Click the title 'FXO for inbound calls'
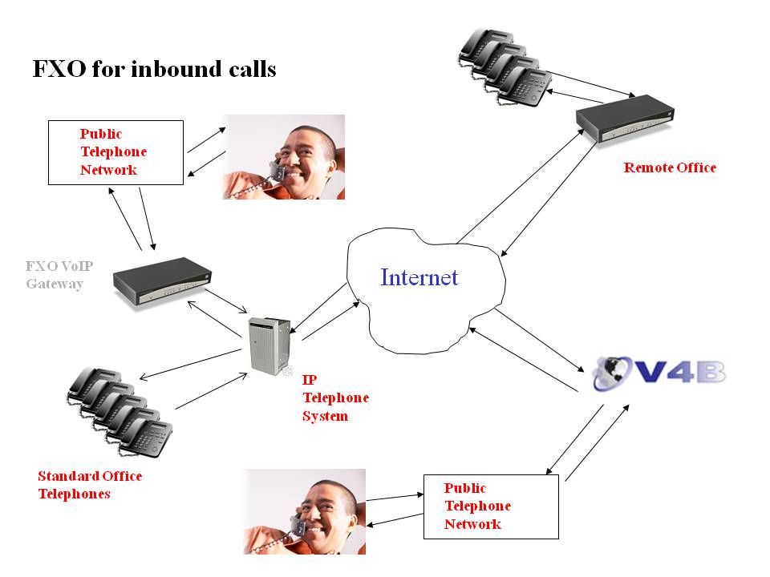click(x=154, y=70)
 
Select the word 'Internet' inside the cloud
click(x=419, y=278)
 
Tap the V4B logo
click(x=659, y=373)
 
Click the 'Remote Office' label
click(x=670, y=167)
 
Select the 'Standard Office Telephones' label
click(x=90, y=485)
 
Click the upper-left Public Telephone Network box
click(x=115, y=152)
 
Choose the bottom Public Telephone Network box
click(x=490, y=506)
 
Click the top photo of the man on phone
click(x=284, y=157)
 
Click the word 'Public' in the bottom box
click(x=465, y=488)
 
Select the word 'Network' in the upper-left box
click(x=108, y=170)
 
